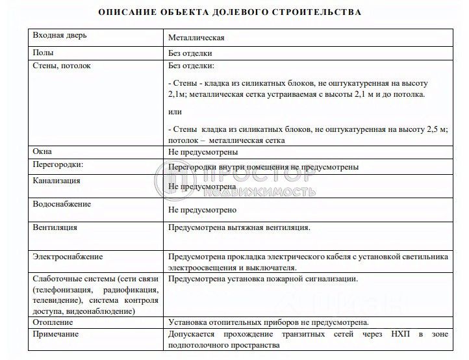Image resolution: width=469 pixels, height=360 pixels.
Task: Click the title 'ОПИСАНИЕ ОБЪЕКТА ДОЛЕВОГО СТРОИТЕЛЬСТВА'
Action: pyautogui.click(x=229, y=12)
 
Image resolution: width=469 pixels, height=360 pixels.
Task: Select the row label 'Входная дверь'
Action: pyautogui.click(x=59, y=35)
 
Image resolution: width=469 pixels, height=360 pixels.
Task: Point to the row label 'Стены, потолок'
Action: pyautogui.click(x=62, y=66)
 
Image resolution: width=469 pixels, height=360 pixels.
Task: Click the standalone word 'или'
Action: pyautogui.click(x=175, y=112)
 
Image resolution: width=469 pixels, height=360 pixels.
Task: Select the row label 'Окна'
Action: pyautogui.click(x=43, y=151)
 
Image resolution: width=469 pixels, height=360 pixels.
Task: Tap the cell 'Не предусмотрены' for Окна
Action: pyautogui.click(x=203, y=152)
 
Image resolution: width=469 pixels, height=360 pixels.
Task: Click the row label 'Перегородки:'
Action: pyautogui.click(x=58, y=165)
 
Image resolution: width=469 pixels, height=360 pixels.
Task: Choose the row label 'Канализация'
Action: pyautogui.click(x=57, y=180)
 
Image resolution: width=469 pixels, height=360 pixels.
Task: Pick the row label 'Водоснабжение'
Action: pyautogui.click(x=62, y=203)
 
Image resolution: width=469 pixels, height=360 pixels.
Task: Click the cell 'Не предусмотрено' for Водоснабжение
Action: pyautogui.click(x=202, y=210)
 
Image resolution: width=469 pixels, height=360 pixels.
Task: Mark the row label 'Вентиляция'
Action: pyautogui.click(x=55, y=227)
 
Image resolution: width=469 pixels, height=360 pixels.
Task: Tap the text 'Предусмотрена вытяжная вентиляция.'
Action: pyautogui.click(x=239, y=227)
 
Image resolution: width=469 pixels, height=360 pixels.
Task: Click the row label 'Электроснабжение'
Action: pyautogui.click(x=68, y=257)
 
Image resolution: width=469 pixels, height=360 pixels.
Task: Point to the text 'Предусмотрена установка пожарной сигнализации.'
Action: pyautogui.click(x=262, y=279)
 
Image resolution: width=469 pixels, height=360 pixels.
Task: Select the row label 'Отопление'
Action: pyautogui.click(x=53, y=322)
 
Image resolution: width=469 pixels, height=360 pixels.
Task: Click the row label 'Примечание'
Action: pyautogui.click(x=56, y=334)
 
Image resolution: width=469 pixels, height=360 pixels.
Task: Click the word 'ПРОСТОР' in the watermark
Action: pyautogui.click(x=260, y=175)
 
